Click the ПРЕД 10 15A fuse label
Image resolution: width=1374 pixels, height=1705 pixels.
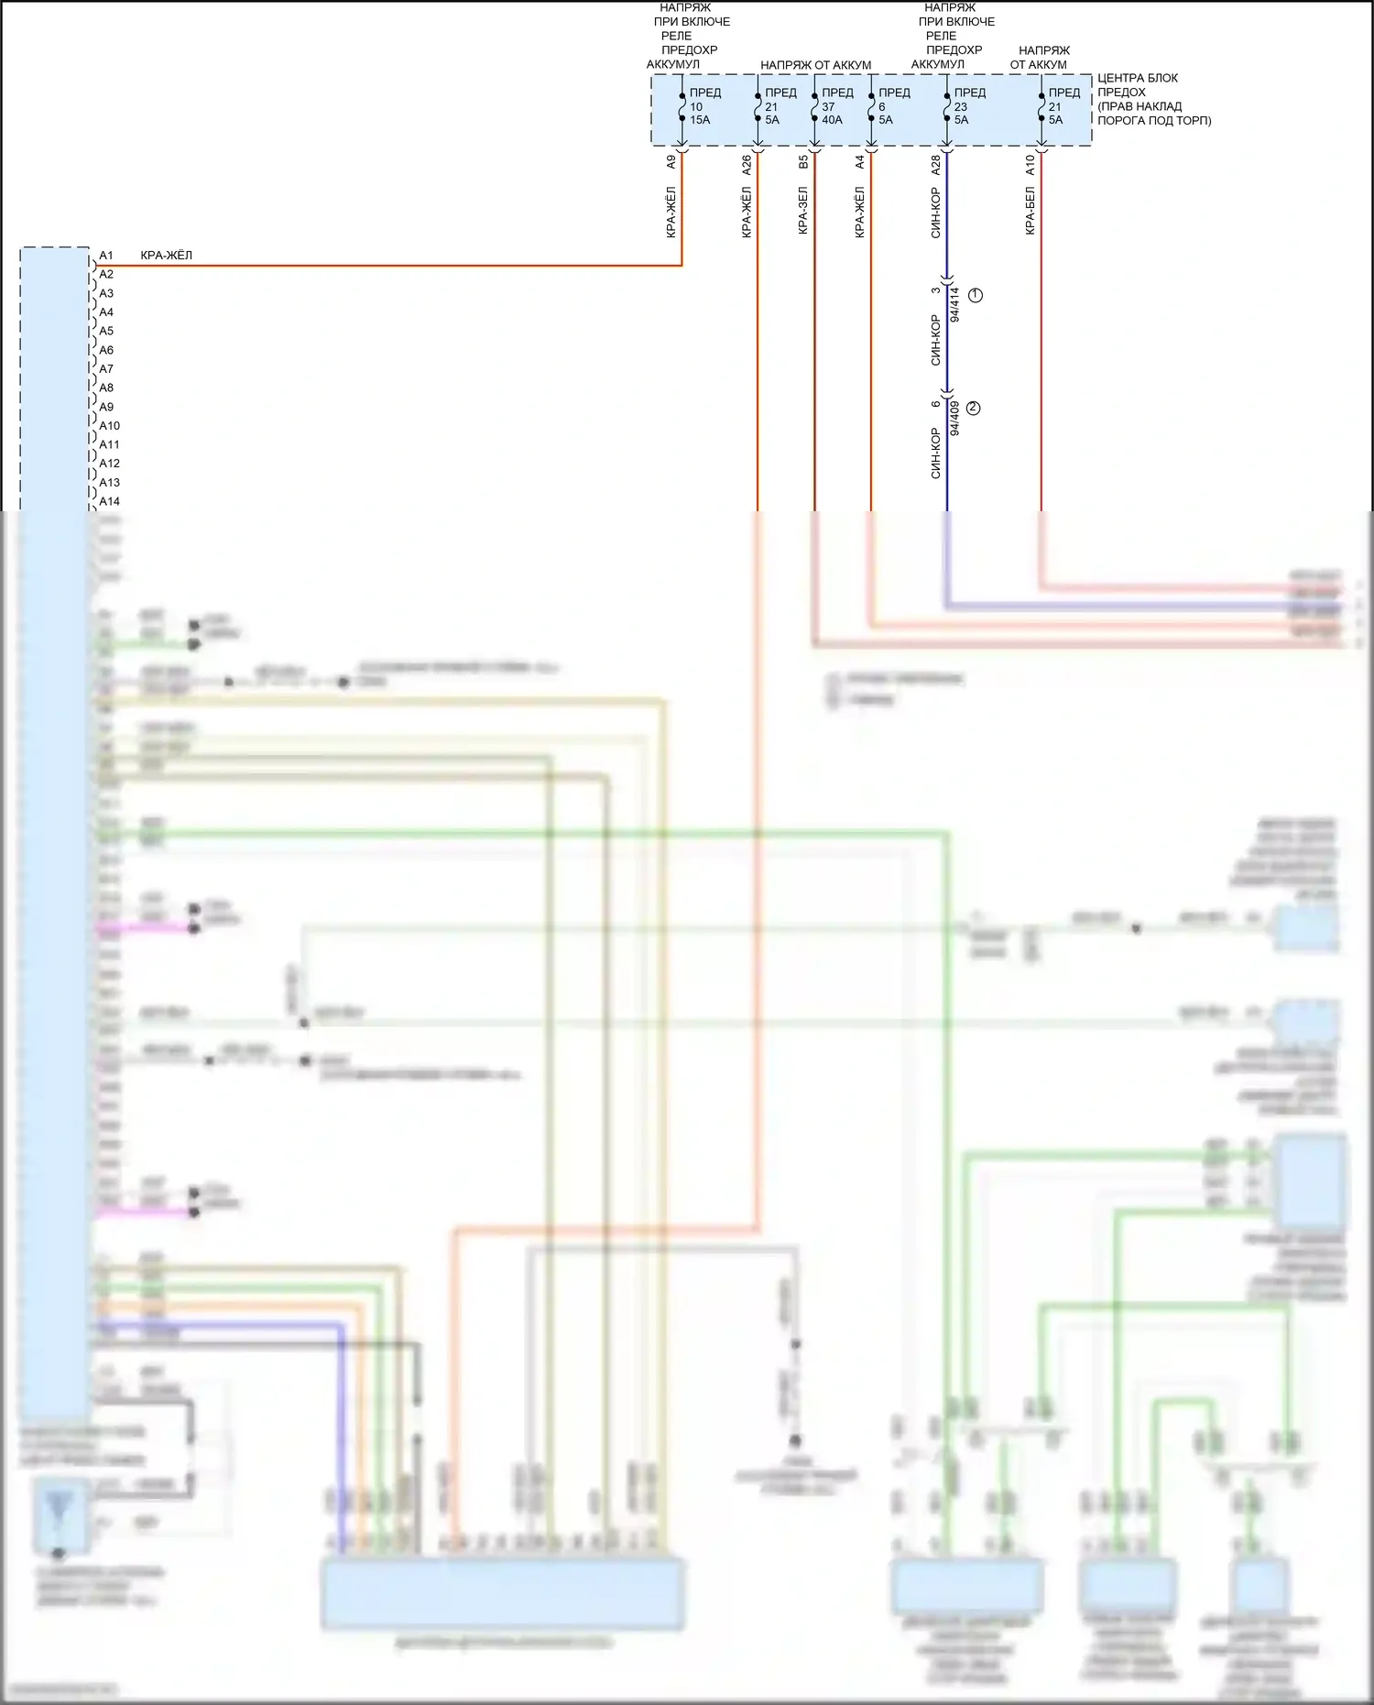703,106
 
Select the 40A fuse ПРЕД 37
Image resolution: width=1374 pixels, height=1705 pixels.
835,106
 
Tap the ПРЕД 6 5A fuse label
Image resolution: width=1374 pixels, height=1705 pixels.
893,106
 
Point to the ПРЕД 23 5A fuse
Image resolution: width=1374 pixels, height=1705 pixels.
968,106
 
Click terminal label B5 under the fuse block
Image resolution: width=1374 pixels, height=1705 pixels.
803,161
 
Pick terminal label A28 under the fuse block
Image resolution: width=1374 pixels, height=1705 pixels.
935,165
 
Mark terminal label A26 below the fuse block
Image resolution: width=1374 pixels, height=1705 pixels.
747,165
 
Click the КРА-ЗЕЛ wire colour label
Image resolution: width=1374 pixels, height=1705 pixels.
803,211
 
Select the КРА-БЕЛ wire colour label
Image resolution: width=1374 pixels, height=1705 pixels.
1030,212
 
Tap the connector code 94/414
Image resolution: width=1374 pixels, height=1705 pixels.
954,304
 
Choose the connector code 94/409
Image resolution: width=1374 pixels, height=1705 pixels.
954,418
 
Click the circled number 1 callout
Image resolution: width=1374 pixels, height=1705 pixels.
976,295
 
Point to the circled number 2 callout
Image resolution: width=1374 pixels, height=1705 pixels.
973,408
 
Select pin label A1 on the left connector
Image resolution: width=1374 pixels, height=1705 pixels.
106,256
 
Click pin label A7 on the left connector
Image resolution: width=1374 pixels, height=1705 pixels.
106,369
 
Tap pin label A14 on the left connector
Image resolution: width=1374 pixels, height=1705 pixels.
109,501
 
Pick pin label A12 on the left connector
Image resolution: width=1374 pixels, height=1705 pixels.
109,464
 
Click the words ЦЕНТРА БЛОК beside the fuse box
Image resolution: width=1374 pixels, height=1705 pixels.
1138,78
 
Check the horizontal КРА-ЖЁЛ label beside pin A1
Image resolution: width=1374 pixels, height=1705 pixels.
167,256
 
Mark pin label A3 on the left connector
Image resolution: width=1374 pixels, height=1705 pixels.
106,293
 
